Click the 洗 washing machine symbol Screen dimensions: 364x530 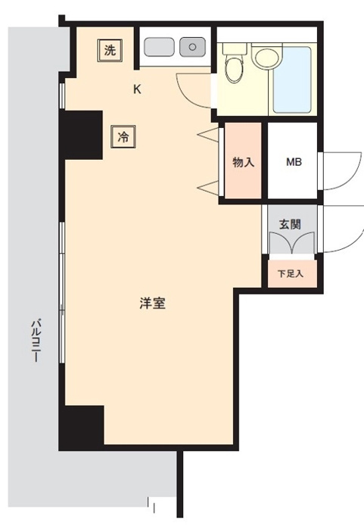[110, 51]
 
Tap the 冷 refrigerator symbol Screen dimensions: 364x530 [123, 137]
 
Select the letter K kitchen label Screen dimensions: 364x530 [137, 89]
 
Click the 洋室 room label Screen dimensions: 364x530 [152, 303]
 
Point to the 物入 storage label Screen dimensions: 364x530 [244, 163]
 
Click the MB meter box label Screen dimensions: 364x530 [294, 162]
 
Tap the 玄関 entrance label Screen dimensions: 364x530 [290, 224]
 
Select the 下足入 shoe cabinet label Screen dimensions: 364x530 [291, 273]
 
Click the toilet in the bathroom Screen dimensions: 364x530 [235, 64]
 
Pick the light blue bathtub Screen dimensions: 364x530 [292, 80]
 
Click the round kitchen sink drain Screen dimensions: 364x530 [192, 47]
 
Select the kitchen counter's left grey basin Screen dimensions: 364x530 [159, 47]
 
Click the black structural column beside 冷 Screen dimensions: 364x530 [81, 135]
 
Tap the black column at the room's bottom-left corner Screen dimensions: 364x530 [82, 428]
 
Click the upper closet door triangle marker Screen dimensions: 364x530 [208, 134]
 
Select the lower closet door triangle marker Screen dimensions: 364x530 [208, 187]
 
